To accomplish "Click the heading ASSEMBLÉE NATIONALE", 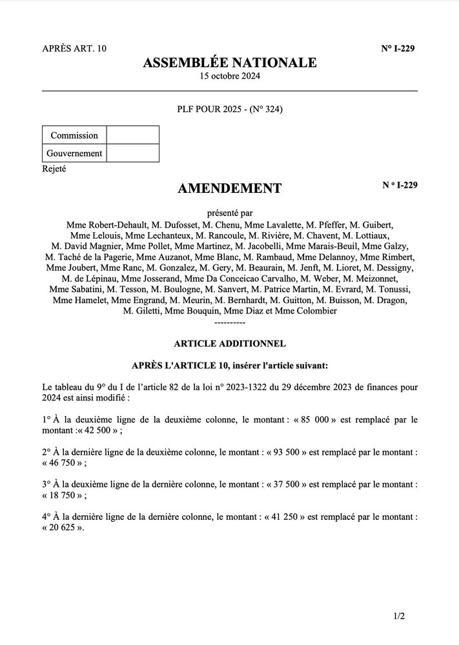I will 229,63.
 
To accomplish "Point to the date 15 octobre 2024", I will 229,76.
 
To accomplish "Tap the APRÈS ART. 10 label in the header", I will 74,48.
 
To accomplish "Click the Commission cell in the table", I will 74,135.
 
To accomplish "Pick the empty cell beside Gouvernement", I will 132,154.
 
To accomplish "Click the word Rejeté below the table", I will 54,169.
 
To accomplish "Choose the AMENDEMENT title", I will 229,188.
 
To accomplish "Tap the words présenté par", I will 229,212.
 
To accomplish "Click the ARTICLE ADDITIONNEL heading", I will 229,344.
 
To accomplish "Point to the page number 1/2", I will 398,617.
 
